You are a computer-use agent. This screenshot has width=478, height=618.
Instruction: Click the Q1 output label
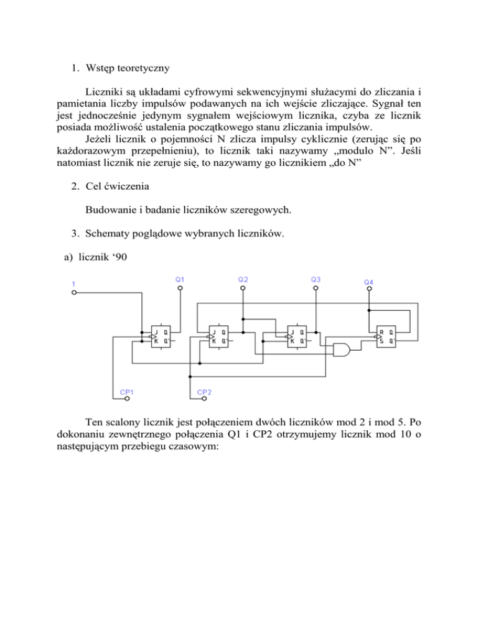pyautogui.click(x=179, y=280)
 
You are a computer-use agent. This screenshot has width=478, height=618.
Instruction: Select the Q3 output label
pyautogui.click(x=316, y=280)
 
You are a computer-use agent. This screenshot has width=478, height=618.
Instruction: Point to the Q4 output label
pyautogui.click(x=368, y=282)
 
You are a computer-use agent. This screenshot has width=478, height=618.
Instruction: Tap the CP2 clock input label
pyautogui.click(x=204, y=392)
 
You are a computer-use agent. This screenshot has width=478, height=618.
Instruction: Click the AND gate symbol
pyautogui.click(x=340, y=351)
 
